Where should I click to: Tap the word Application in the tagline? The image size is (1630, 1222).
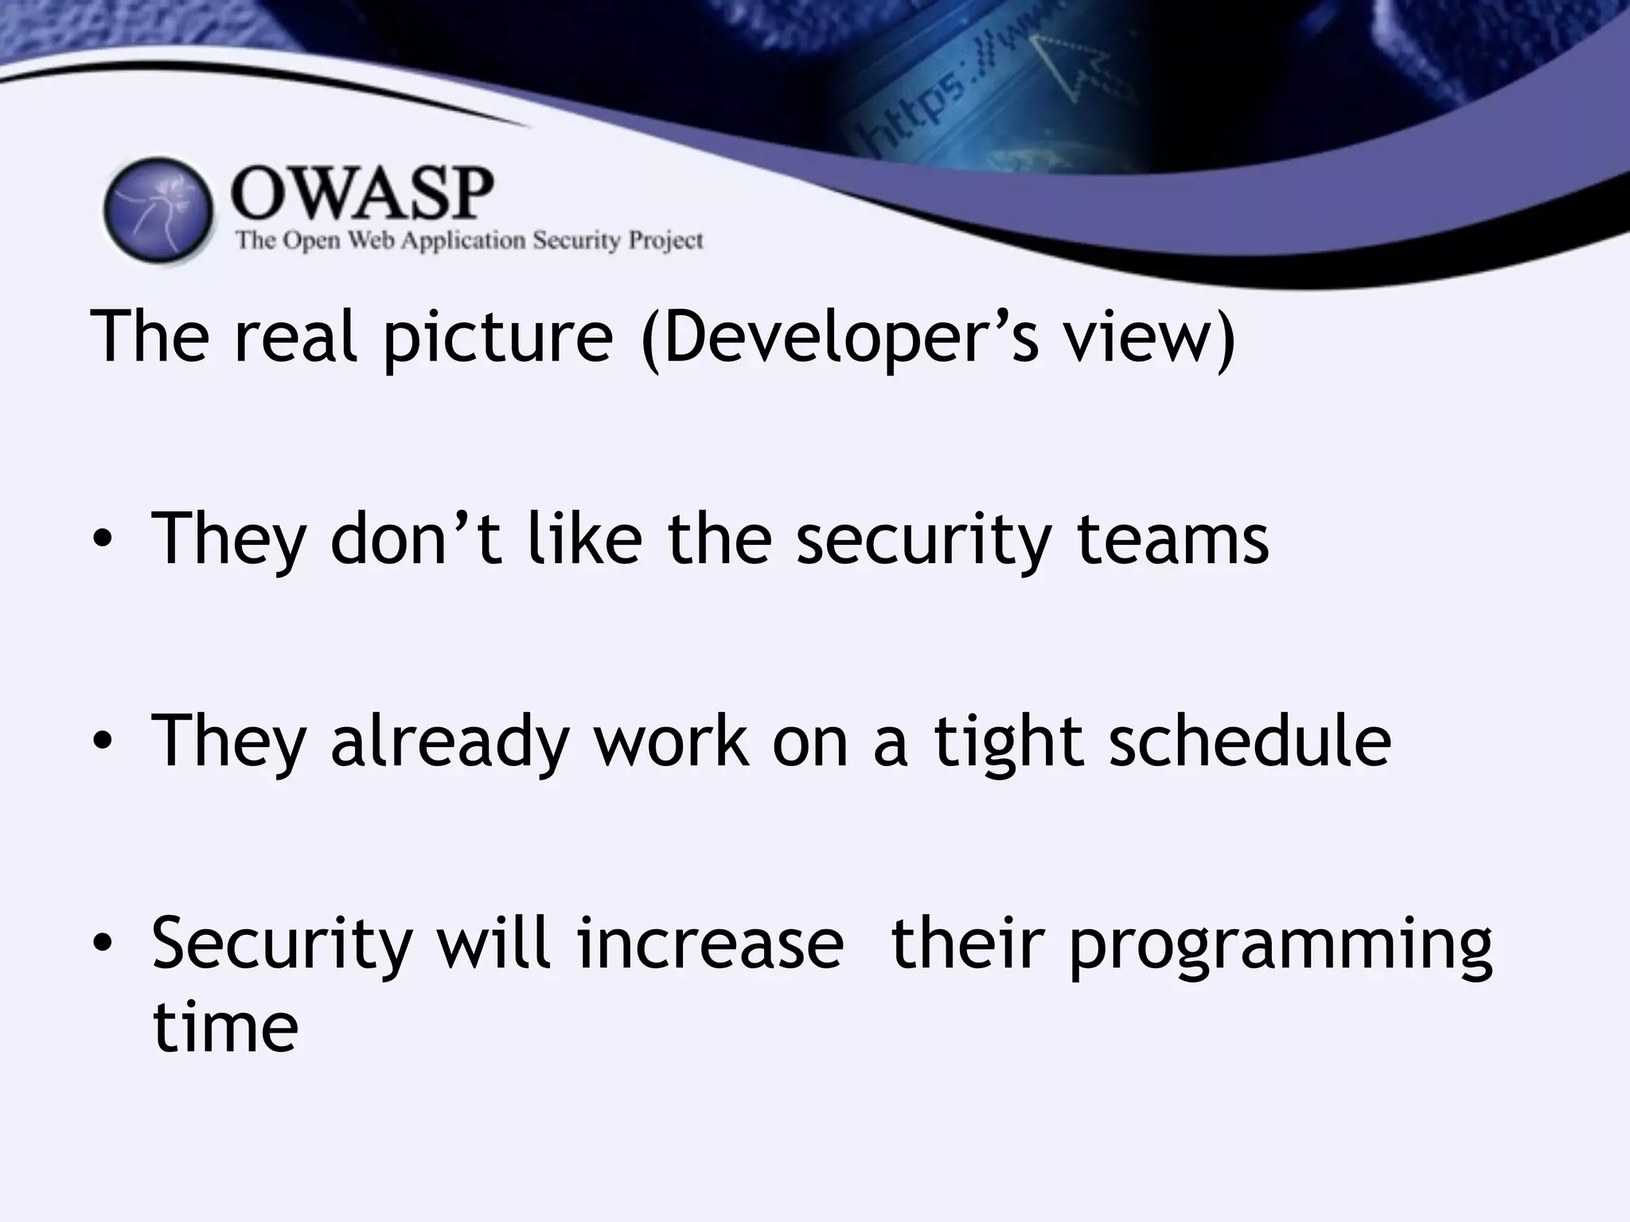(x=463, y=240)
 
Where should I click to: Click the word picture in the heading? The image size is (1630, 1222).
(x=498, y=337)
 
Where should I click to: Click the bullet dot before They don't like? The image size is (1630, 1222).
(x=102, y=541)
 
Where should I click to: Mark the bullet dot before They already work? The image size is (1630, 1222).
(x=102, y=742)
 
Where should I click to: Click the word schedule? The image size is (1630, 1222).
(x=1250, y=741)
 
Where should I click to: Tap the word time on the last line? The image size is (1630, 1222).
(x=225, y=1027)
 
